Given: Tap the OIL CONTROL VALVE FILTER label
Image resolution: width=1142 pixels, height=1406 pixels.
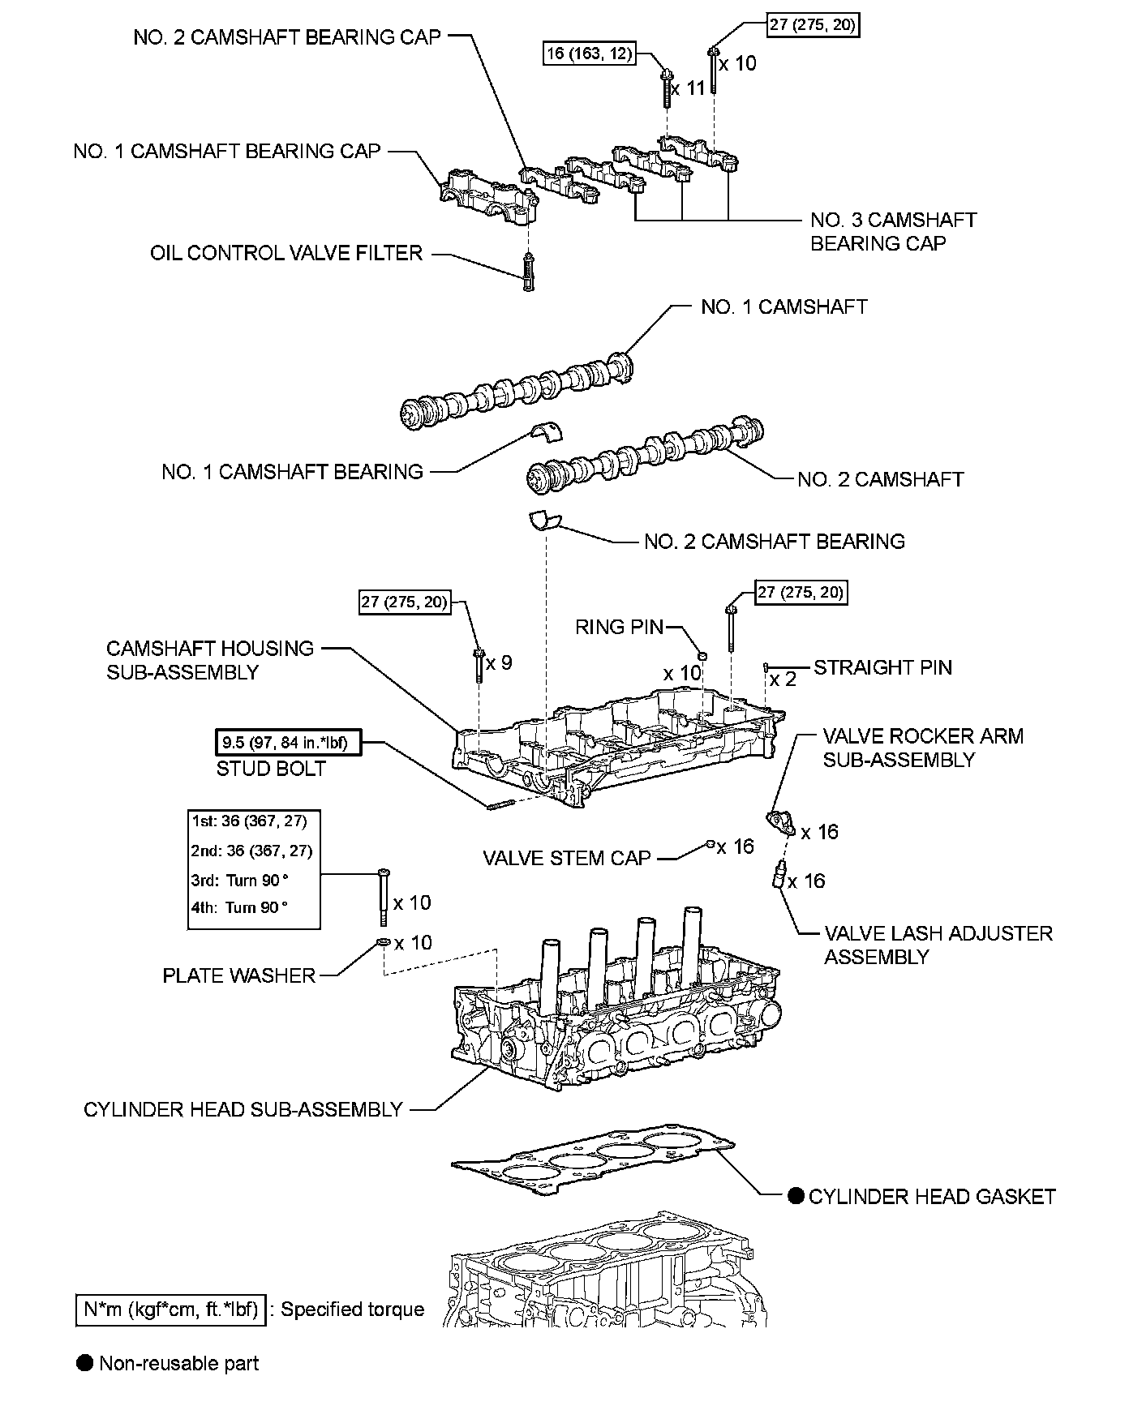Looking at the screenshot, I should (x=286, y=253).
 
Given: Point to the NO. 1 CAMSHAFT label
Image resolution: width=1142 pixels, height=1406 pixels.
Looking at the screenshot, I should (x=784, y=306).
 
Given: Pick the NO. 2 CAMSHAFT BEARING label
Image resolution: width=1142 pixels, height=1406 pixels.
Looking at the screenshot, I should (x=774, y=541).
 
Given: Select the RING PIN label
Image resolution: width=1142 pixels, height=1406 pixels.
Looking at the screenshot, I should (x=619, y=627).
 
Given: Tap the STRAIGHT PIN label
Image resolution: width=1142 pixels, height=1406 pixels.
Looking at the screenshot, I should (x=882, y=667).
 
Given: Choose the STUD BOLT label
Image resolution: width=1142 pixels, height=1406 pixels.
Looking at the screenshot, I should (x=271, y=769).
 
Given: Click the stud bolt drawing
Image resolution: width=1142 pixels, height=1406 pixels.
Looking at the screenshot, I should (x=501, y=804).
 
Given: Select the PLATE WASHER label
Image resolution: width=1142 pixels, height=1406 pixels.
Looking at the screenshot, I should (x=238, y=975).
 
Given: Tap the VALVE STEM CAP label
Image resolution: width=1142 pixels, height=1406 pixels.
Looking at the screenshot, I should (x=567, y=858).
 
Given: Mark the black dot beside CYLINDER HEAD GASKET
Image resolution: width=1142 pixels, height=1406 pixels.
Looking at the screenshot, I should (x=796, y=1196).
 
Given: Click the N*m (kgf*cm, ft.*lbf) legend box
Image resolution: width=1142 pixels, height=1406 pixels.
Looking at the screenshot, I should (x=170, y=1309).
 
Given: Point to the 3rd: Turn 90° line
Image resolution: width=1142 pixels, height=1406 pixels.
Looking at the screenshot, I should (x=240, y=881).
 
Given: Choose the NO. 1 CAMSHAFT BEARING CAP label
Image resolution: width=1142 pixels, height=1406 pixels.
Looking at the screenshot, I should (x=226, y=151).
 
